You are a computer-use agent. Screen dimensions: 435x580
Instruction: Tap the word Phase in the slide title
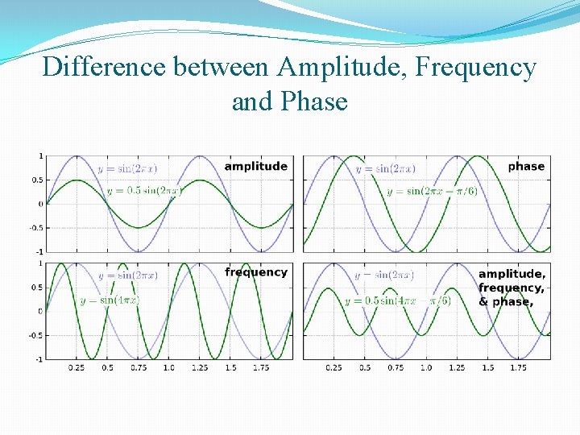(315, 101)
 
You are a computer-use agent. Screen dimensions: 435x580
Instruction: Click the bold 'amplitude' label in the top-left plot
(255, 166)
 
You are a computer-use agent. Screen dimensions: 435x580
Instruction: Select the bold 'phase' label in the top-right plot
(526, 166)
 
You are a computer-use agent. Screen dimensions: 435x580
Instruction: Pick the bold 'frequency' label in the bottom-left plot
(256, 272)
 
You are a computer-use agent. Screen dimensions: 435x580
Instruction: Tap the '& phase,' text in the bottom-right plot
(506, 302)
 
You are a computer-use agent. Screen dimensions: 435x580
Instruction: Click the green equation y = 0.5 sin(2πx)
(145, 191)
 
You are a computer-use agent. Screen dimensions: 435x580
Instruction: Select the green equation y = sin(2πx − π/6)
(432, 191)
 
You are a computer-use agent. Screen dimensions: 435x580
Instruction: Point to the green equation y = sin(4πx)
(110, 300)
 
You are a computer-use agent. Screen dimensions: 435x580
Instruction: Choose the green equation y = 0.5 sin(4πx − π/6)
(398, 300)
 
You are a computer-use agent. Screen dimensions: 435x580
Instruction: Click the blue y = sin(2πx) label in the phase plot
(385, 168)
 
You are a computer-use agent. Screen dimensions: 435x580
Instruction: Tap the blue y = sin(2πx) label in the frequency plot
(127, 275)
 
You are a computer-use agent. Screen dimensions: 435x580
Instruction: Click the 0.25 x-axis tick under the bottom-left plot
(77, 367)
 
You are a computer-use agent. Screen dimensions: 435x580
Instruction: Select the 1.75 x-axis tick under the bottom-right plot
(517, 367)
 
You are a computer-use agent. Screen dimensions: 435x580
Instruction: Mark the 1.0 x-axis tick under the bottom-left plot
(168, 367)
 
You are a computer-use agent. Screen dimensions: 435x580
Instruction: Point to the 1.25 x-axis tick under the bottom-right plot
(456, 367)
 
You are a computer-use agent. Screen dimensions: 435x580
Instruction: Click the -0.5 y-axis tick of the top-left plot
(37, 227)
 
